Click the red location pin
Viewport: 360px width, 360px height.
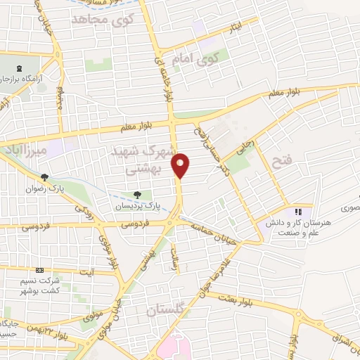pyautogui.click(x=181, y=166)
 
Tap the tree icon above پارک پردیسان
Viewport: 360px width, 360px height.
pyautogui.click(x=138, y=195)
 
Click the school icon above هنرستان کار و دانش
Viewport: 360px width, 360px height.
pyautogui.click(x=297, y=211)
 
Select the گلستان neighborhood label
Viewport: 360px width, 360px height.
pyautogui.click(x=166, y=310)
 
